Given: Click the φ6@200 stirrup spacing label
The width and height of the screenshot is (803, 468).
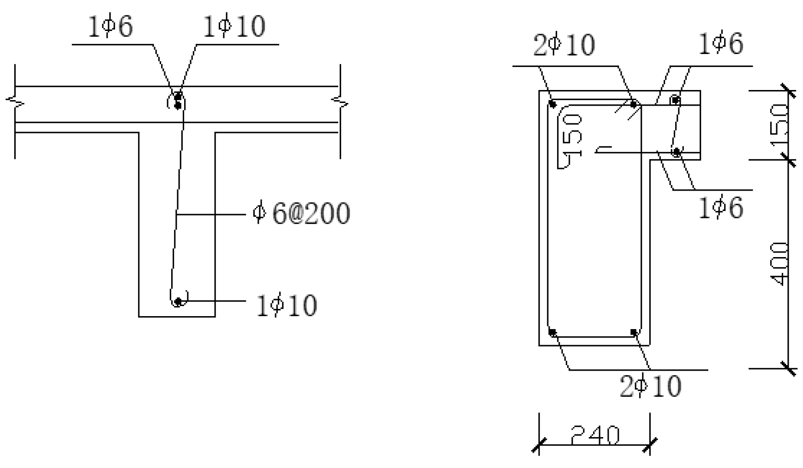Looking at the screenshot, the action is coord(301,213).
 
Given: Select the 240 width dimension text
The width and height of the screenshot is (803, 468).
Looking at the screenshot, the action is coord(595,435).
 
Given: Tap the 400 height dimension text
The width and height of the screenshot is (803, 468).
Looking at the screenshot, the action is coord(779,264).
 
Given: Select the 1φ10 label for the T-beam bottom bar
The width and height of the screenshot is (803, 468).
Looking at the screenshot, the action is coord(287,306).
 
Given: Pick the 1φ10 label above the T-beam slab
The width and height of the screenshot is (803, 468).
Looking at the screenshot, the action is coord(234,26).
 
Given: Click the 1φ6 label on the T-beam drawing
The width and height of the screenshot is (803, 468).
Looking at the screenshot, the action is coord(110,26).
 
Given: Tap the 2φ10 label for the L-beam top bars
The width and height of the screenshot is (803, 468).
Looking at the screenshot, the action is coord(564,45).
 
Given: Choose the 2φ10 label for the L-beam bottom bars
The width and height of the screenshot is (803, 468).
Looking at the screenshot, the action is coord(650,386).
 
